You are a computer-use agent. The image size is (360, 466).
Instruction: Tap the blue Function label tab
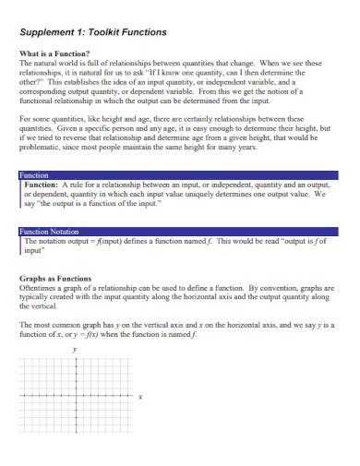tap(36, 174)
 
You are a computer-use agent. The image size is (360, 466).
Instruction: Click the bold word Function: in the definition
tap(42, 185)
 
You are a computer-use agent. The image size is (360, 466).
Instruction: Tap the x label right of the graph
tap(140, 398)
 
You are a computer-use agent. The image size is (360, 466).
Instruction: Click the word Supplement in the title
tap(54, 31)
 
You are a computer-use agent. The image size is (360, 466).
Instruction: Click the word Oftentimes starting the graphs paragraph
tap(40, 288)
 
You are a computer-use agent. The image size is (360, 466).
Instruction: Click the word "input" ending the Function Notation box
tap(35, 250)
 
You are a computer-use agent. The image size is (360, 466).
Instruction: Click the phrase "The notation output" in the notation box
tap(59, 241)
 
